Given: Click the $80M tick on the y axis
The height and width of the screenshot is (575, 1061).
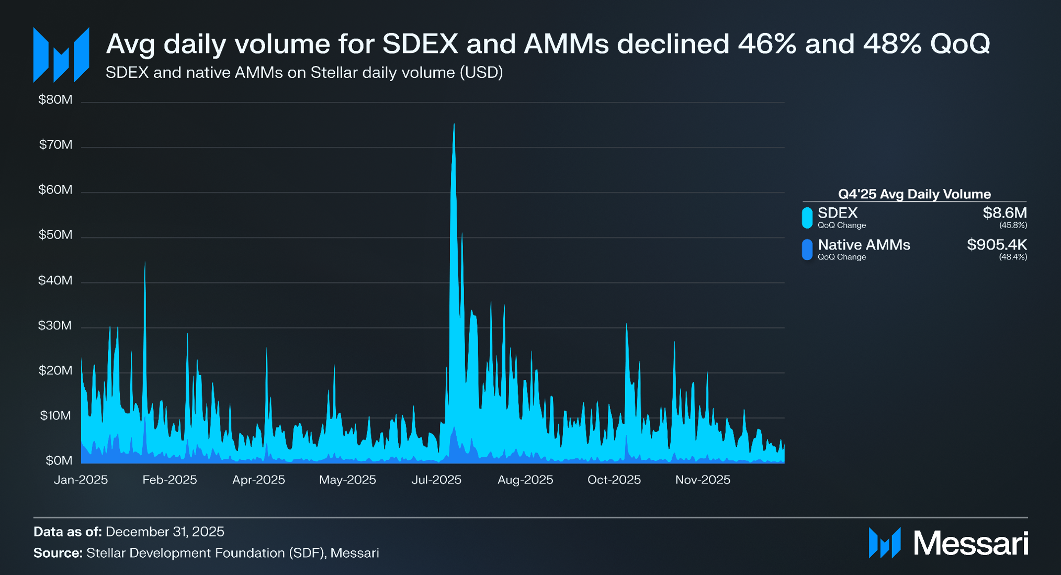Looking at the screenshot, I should click(x=55, y=100).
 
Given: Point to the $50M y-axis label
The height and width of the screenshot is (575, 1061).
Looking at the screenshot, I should click(x=55, y=235).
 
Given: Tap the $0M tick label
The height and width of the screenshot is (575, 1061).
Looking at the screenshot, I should click(x=59, y=461).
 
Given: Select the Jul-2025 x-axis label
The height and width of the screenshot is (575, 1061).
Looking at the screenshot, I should click(x=436, y=480).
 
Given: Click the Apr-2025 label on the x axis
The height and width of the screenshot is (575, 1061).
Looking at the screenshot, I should click(x=259, y=480).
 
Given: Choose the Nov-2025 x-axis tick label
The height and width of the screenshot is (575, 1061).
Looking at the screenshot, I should click(x=702, y=480).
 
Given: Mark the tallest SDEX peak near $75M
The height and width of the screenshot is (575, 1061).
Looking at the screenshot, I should click(x=454, y=125).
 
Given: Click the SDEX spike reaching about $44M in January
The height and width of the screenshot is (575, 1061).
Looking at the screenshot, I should click(x=145, y=263).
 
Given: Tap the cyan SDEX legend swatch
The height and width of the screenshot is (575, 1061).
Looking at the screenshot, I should click(x=807, y=218).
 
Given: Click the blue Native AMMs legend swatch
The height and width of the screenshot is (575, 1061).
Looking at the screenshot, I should click(x=807, y=249).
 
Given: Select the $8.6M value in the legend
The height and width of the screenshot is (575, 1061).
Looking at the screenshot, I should click(x=1005, y=213).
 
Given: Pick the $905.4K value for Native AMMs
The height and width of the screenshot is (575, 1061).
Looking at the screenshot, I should click(x=997, y=245).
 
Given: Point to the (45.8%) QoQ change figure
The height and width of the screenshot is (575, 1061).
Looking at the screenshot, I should click(x=1013, y=226).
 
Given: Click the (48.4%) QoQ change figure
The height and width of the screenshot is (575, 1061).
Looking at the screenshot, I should click(x=1013, y=257).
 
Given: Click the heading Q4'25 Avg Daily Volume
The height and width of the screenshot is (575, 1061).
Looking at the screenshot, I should click(x=914, y=194).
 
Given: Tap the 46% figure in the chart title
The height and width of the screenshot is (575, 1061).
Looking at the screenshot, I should click(x=767, y=44).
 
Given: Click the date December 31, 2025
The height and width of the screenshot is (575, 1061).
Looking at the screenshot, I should click(x=165, y=532).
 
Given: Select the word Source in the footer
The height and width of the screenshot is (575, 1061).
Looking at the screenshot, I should click(x=57, y=553).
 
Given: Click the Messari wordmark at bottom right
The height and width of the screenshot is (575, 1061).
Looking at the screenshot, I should click(x=971, y=543).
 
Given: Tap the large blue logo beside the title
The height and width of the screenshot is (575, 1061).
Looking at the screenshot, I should click(x=61, y=54).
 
